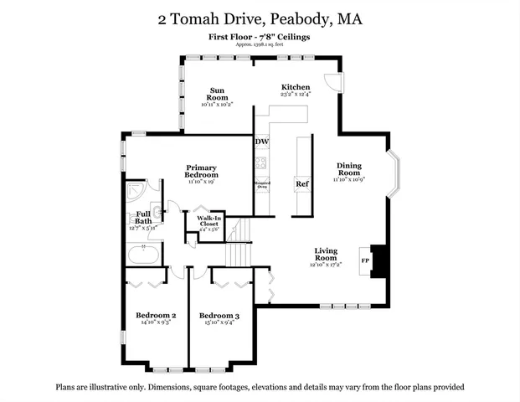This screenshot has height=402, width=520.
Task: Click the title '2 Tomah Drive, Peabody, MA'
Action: [x=260, y=18]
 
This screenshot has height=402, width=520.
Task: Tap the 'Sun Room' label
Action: [x=216, y=94]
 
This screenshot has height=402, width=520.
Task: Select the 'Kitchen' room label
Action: [x=296, y=87]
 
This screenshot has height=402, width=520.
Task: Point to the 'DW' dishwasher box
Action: [x=261, y=142]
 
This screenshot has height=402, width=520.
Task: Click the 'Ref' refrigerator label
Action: [x=302, y=184]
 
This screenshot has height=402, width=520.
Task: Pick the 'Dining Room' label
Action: [x=349, y=169]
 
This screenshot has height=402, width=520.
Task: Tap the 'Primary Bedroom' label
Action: [x=201, y=171]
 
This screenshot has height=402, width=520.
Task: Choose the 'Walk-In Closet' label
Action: [x=209, y=221]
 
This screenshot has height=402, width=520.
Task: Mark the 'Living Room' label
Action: [x=326, y=255]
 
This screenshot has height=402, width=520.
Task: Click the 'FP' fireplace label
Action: [x=365, y=260]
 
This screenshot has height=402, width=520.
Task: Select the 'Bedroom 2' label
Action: [x=156, y=315]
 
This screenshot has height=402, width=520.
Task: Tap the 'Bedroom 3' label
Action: [x=219, y=315]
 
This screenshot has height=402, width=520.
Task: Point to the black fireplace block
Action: [x=379, y=260]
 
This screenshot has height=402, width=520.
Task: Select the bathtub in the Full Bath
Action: [x=144, y=253]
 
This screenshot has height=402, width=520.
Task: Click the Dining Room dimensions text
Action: [x=349, y=179]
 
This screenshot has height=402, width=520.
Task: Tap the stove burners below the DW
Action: [x=261, y=162]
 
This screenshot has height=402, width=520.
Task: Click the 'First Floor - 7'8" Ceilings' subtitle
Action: [x=260, y=38]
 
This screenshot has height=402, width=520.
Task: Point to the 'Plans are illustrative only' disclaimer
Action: [x=260, y=387]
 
